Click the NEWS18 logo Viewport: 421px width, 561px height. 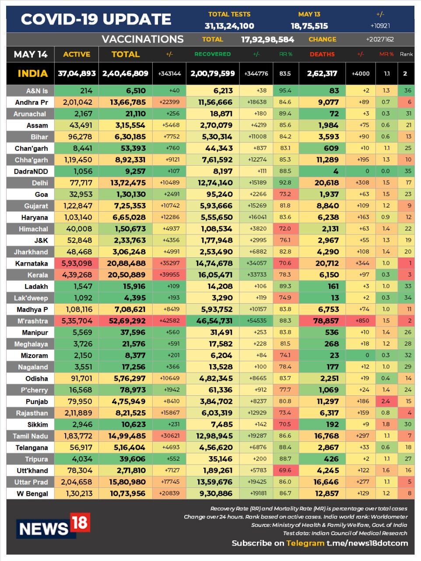click(x=53, y=526)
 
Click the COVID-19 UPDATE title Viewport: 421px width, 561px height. click(x=96, y=19)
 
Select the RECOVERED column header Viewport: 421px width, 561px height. click(x=212, y=54)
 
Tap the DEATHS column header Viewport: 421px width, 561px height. click(x=322, y=54)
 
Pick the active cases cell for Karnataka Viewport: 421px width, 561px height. click(x=77, y=263)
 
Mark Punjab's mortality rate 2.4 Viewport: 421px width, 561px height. click(x=386, y=401)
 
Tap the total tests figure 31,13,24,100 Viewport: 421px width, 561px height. click(x=229, y=26)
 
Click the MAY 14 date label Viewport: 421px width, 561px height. click(x=31, y=54)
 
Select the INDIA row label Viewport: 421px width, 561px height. click(x=32, y=74)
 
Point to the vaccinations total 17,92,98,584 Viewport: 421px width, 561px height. click(x=267, y=39)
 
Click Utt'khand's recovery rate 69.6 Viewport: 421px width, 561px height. click(x=285, y=470)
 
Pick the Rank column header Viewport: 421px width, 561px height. click(x=406, y=54)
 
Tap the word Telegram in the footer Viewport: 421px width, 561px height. click(x=305, y=543)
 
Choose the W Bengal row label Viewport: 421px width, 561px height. click(x=32, y=494)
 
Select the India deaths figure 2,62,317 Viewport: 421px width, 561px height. click(x=322, y=74)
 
